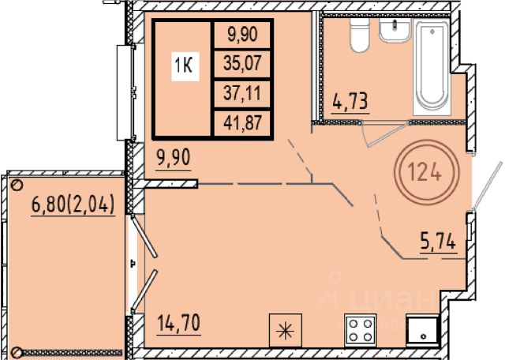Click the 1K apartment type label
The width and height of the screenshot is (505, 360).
[185, 66]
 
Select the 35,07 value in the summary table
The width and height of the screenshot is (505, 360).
[242, 63]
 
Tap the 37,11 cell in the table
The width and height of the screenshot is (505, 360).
[242, 93]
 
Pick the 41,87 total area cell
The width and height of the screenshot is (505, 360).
[242, 123]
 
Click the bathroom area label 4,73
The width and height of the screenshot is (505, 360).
[350, 101]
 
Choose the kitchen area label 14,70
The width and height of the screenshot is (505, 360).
[179, 323]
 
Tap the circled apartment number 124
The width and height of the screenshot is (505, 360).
[426, 172]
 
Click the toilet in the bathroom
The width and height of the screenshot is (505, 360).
[360, 35]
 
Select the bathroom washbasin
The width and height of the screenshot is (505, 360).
[395, 30]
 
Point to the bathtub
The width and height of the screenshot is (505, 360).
[432, 68]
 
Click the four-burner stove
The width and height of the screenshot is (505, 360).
[361, 330]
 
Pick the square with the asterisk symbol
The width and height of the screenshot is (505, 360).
[286, 330]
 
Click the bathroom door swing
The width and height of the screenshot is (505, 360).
[383, 134]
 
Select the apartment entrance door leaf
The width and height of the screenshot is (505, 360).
[488, 185]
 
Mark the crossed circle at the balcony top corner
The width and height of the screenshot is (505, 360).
[17, 185]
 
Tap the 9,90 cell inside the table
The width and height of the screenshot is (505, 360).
[242, 34]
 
